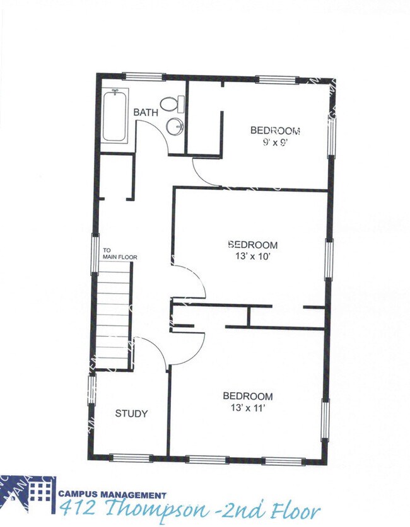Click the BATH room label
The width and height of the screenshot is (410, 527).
click(x=146, y=112)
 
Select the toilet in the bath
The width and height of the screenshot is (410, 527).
click(x=172, y=103)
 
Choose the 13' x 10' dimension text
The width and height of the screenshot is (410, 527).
click(x=252, y=256)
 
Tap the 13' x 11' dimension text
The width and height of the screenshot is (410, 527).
click(x=247, y=408)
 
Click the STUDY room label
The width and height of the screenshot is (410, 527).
click(x=131, y=414)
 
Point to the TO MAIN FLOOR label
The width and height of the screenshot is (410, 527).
click(x=120, y=253)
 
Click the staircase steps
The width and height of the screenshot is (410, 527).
click(x=114, y=315)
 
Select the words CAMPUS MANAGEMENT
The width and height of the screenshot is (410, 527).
click(x=113, y=495)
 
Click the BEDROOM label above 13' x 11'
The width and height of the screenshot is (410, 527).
click(x=248, y=397)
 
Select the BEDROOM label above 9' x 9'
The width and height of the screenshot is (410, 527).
click(x=275, y=130)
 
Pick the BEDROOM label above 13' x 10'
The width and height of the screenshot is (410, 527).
click(x=252, y=245)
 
